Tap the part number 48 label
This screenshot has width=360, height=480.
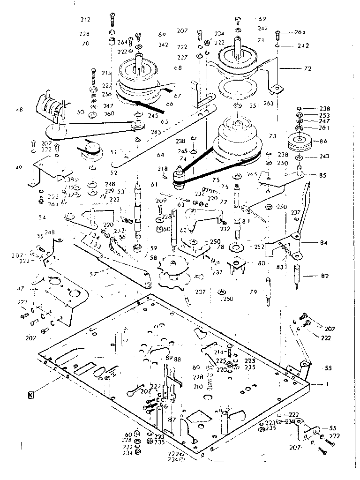pos(19,110)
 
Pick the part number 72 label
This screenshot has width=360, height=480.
pos(307,68)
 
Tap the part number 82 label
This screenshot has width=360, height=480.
pos(311,277)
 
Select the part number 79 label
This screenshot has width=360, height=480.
pos(253,292)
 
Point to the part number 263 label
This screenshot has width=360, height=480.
pos(268,103)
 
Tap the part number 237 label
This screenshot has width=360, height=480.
pos(296,212)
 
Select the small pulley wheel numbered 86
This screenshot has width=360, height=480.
pos(298,141)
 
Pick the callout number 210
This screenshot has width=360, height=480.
pos(198,387)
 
